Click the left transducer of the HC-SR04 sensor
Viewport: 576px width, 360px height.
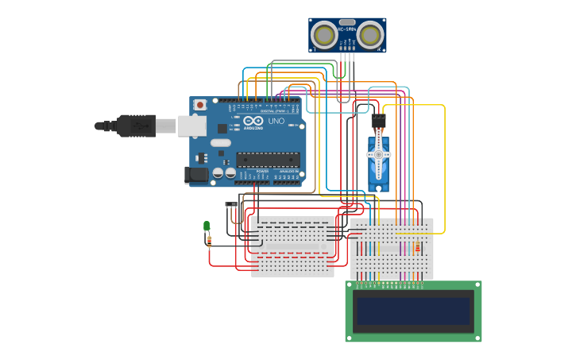[324, 35]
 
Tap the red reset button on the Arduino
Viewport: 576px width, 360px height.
[200, 104]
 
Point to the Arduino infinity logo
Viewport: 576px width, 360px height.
[253, 121]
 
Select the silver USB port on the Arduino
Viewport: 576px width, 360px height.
[191, 126]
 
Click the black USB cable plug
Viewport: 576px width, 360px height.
[135, 126]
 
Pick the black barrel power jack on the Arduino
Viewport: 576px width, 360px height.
[196, 174]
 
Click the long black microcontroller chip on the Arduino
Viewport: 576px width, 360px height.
[268, 159]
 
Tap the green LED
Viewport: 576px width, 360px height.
[207, 226]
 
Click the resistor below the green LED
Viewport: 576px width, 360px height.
[209, 239]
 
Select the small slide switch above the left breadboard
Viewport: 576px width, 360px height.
[231, 204]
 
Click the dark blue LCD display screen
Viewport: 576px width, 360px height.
[413, 311]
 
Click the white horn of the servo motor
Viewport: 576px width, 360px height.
[378, 155]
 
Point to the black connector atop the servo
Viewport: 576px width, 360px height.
[378, 120]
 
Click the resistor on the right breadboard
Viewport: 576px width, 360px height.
[417, 248]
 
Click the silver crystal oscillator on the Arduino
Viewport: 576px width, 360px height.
[220, 143]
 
